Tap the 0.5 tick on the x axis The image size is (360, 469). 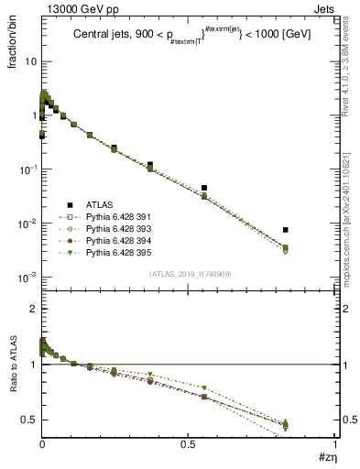click(189, 444)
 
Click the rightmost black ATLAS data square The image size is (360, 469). click(286, 230)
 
